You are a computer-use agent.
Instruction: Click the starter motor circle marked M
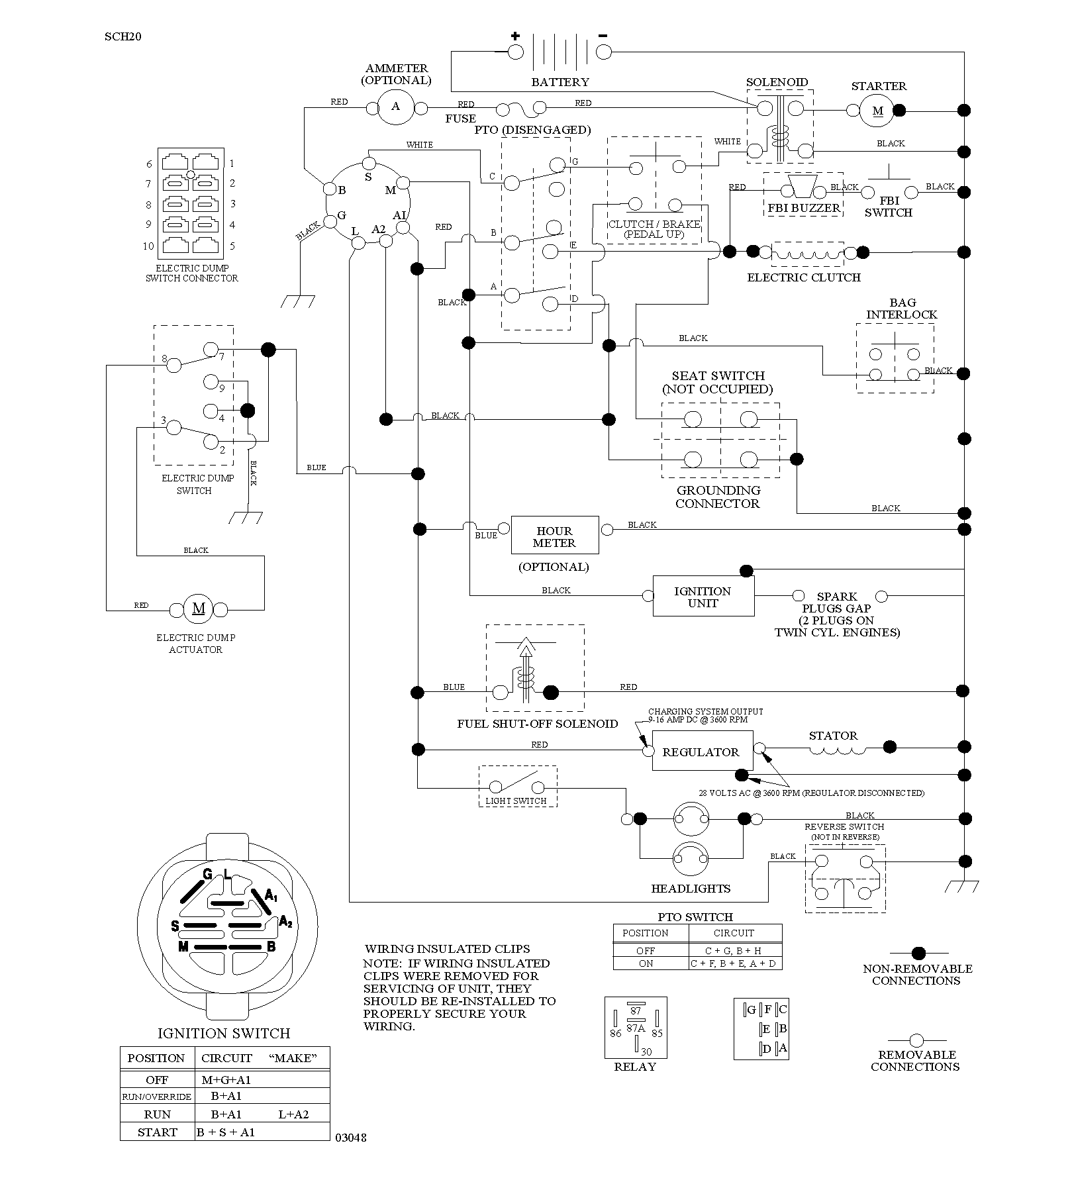(877, 111)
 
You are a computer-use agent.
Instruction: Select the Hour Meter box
(555, 535)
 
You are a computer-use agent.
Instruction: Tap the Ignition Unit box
(703, 596)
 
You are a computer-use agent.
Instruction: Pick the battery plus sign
(515, 36)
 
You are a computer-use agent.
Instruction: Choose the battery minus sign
(603, 35)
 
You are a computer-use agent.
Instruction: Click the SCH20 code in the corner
(123, 36)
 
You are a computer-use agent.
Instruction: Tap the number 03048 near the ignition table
(351, 1138)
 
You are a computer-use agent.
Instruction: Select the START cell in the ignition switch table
(157, 1132)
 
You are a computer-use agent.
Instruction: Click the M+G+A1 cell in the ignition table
(226, 1079)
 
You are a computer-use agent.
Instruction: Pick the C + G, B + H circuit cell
(734, 950)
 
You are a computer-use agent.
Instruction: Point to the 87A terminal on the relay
(636, 1028)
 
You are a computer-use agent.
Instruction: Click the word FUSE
(461, 119)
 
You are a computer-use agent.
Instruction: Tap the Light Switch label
(516, 801)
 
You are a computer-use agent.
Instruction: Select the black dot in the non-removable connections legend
(918, 953)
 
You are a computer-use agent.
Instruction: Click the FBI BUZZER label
(804, 207)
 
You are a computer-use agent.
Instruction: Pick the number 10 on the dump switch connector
(148, 246)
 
